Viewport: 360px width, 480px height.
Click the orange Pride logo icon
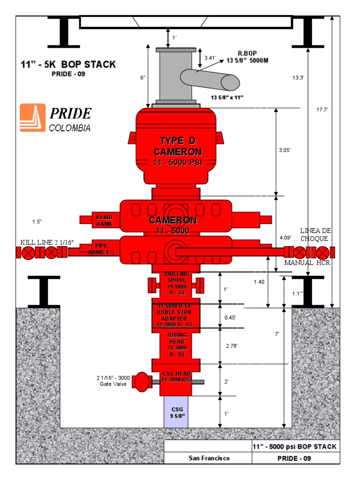(x=32, y=117)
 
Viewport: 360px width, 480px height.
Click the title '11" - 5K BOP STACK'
(x=68, y=65)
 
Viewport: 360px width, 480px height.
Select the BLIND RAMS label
(x=105, y=221)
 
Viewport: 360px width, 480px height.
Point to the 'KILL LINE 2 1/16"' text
(x=47, y=242)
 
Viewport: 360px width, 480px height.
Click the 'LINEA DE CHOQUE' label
(x=315, y=234)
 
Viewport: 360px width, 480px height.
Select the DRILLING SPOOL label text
(x=176, y=283)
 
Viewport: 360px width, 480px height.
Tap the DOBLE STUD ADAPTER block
(x=176, y=315)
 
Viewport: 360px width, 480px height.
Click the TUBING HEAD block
(x=176, y=345)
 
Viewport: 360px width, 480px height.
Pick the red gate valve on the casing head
(x=141, y=382)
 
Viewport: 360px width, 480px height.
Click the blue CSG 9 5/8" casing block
(x=176, y=412)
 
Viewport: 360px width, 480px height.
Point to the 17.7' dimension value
(x=322, y=110)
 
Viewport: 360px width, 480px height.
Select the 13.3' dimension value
(x=298, y=77)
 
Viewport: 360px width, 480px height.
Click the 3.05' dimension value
(x=285, y=150)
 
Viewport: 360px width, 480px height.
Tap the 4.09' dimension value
(x=285, y=238)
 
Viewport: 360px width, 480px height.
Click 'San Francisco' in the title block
(x=209, y=458)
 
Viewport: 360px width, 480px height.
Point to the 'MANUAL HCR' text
(x=307, y=262)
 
